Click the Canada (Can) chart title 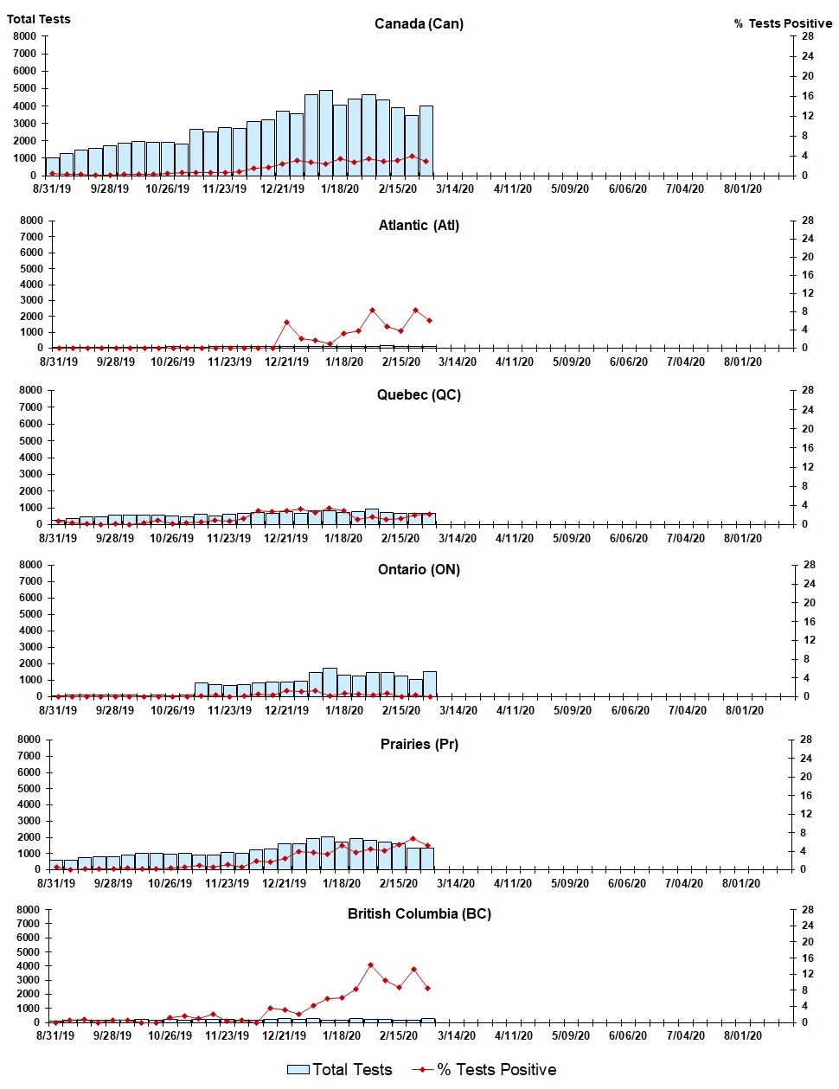(x=419, y=23)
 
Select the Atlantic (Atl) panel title (x=419, y=225)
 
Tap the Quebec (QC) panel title (x=419, y=394)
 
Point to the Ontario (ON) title (x=419, y=569)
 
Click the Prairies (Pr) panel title (x=419, y=744)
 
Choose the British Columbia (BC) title (x=419, y=913)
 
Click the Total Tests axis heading (x=39, y=19)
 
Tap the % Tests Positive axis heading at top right (x=783, y=23)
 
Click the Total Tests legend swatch (x=298, y=1070)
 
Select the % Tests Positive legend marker (x=422, y=1070)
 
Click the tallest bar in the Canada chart (x=325, y=132)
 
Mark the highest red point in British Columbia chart (x=370, y=964)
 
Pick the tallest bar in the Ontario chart (x=330, y=682)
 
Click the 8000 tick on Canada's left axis (x=24, y=36)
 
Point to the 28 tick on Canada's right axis (x=807, y=36)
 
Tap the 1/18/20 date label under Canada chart (x=340, y=189)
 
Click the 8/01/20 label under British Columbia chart (x=741, y=1035)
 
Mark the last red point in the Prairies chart (x=427, y=845)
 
